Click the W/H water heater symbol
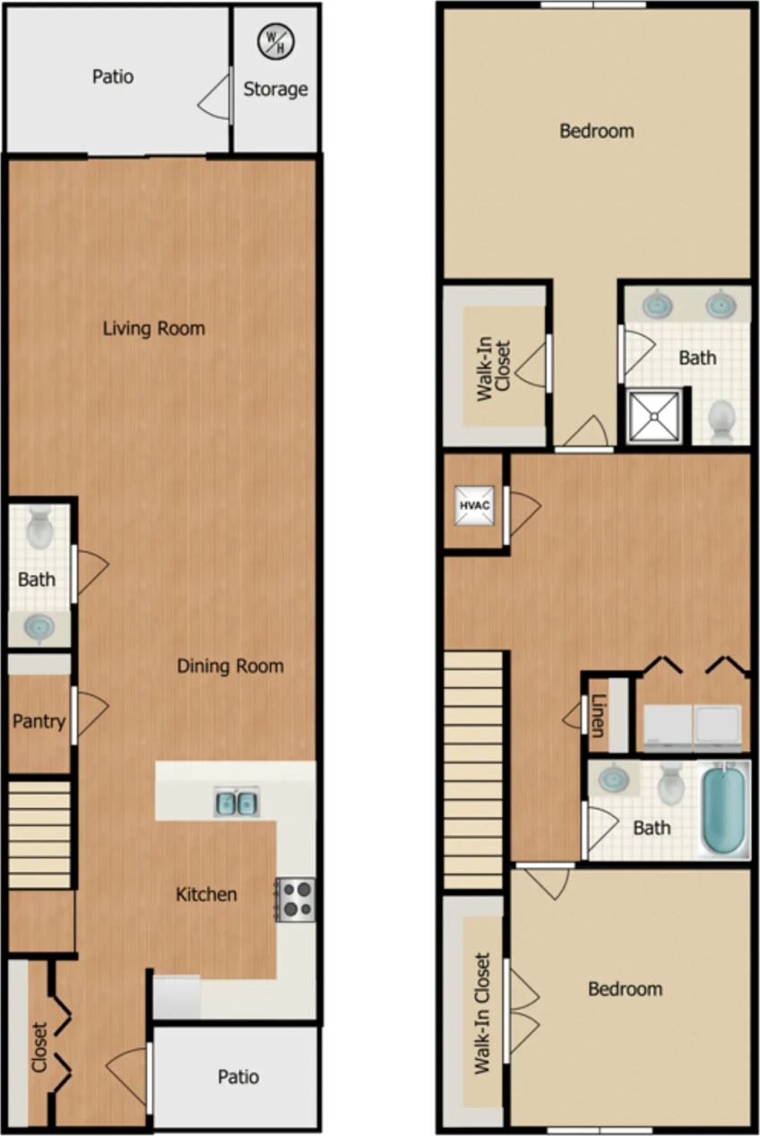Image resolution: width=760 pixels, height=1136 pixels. pyautogui.click(x=275, y=40)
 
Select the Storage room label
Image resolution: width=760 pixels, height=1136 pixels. pyautogui.click(x=275, y=89)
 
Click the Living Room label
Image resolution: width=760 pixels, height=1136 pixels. pyautogui.click(x=153, y=328)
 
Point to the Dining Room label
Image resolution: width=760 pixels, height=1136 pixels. pyautogui.click(x=229, y=666)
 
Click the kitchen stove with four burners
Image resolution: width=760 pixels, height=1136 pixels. pyautogui.click(x=296, y=899)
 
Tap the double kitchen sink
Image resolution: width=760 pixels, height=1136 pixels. pyautogui.click(x=236, y=801)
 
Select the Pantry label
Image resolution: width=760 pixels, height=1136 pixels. pyautogui.click(x=39, y=721)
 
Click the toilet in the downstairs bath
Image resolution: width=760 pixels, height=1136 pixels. pyautogui.click(x=39, y=529)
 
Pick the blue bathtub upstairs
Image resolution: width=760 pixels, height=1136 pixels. pyautogui.click(x=723, y=808)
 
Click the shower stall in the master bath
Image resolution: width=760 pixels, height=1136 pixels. pyautogui.click(x=655, y=417)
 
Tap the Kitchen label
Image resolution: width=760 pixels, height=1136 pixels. pyautogui.click(x=206, y=894)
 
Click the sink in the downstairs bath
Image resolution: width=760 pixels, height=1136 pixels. pyautogui.click(x=39, y=627)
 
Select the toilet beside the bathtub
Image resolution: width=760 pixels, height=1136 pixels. pyautogui.click(x=671, y=787)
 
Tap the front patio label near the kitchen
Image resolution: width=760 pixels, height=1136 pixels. pyautogui.click(x=238, y=1076)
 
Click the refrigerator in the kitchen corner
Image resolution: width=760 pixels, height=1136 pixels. pyautogui.click(x=176, y=996)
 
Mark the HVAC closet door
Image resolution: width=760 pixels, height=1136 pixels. pyautogui.click(x=522, y=512)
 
